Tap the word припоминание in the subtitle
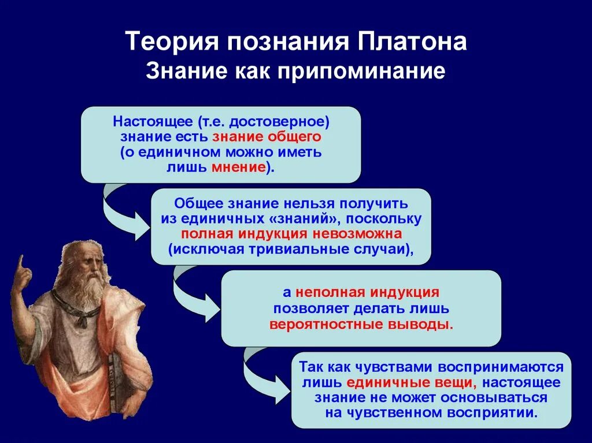pos(361,72)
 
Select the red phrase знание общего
pos(267,137)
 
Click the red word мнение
pos(239,167)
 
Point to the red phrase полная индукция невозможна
pos(291,234)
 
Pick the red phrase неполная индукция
pos(367,292)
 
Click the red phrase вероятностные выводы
pos(361,325)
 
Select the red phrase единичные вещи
pos(412,382)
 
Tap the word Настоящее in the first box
pos(153,122)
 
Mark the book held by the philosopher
pos(113,381)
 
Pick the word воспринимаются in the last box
pos(501,367)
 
